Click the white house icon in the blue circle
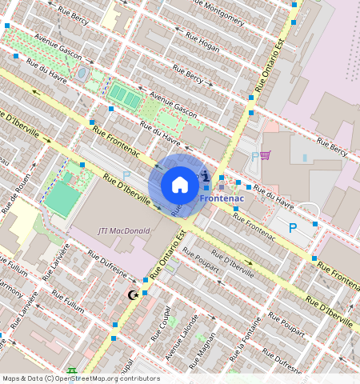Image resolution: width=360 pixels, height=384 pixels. [180, 185]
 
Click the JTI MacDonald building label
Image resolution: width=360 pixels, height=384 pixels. [124, 230]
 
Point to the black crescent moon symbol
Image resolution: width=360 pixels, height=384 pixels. [133, 295]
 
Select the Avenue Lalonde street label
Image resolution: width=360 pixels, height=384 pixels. [180, 335]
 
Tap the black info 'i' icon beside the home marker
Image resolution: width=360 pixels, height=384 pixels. [206, 176]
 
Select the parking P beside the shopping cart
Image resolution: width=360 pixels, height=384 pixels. [254, 157]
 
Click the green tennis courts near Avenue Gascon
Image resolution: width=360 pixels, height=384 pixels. [124, 98]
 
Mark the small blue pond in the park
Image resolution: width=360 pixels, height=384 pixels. [82, 74]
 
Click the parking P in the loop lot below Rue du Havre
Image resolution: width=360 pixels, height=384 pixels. [292, 228]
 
